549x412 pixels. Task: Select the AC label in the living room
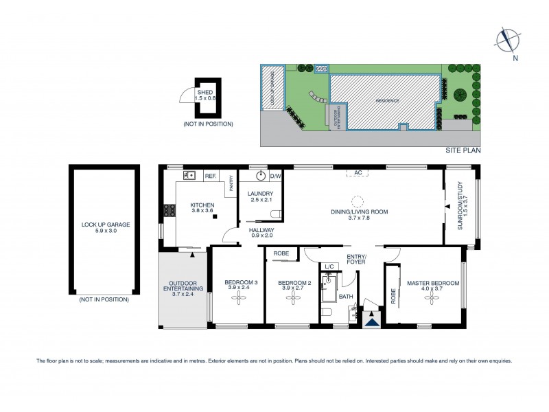pos(358,172)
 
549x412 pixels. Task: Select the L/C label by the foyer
pos(329,266)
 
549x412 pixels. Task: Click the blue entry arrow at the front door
pos(372,318)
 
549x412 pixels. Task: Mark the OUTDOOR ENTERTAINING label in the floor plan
pos(182,288)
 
